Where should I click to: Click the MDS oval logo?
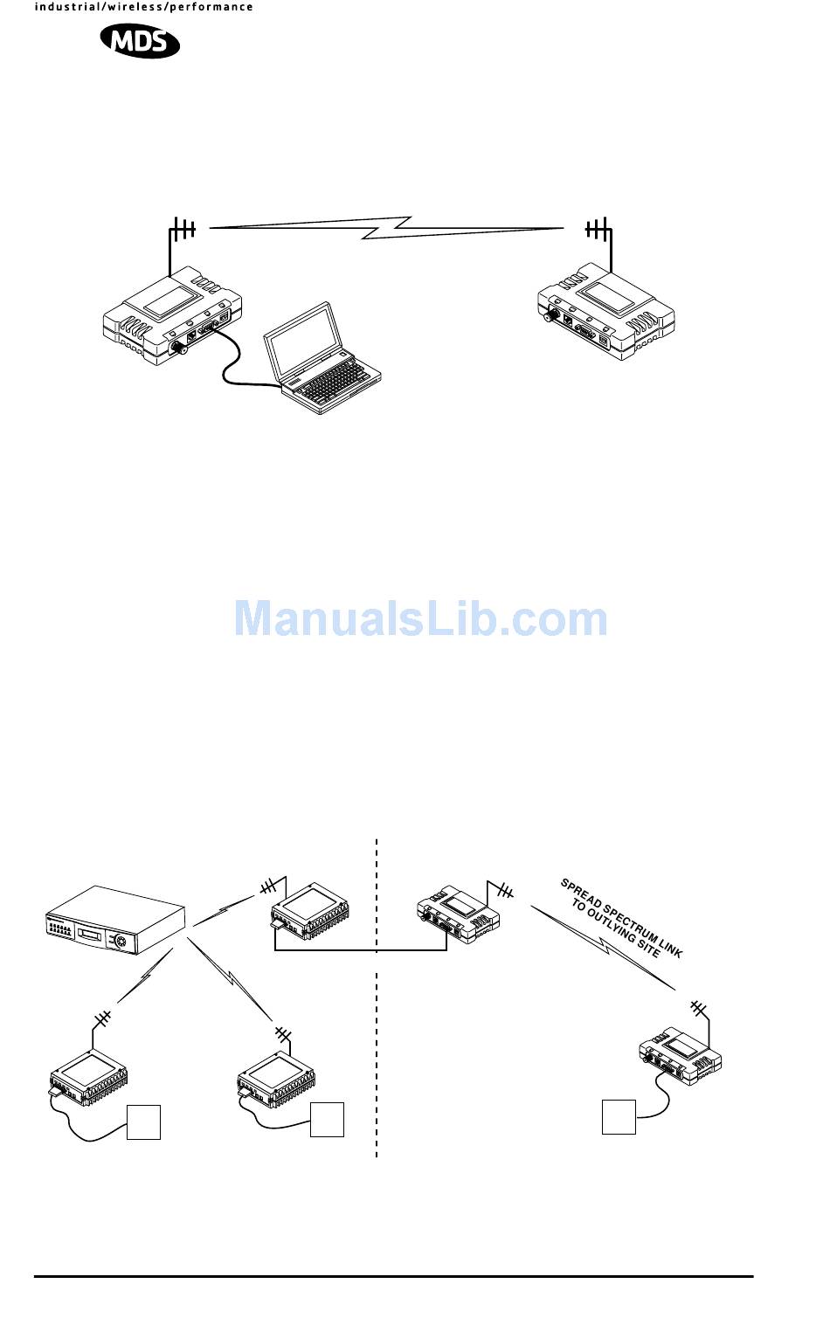(140, 40)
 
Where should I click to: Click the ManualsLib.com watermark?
(420, 618)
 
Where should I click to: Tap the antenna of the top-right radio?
(598, 231)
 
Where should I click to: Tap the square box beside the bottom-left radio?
(144, 1122)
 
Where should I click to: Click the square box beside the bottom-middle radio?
(327, 1120)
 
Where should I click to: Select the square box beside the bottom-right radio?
(619, 1118)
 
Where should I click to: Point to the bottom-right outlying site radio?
(681, 1055)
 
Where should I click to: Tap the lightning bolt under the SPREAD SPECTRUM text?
(603, 948)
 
